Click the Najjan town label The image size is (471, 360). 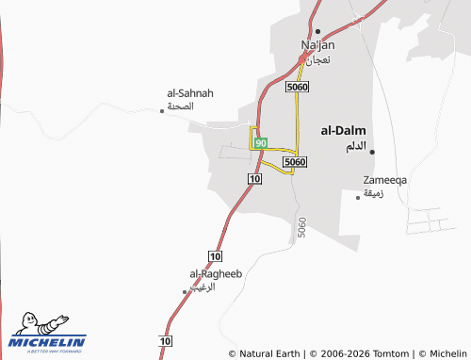317,44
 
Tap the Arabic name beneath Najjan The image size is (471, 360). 317,58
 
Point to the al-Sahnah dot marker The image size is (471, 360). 162,110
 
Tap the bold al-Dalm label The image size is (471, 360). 344,131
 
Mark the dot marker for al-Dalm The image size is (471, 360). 372,151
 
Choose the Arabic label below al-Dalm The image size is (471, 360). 355,146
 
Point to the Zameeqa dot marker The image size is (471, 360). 358,197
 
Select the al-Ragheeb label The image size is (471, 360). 217,273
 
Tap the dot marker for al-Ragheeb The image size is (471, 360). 185,292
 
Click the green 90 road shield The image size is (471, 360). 261,142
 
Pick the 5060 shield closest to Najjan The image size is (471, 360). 297,87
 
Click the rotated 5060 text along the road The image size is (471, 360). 301,227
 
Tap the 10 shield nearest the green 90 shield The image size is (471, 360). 254,178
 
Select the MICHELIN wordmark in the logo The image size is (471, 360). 47,342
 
